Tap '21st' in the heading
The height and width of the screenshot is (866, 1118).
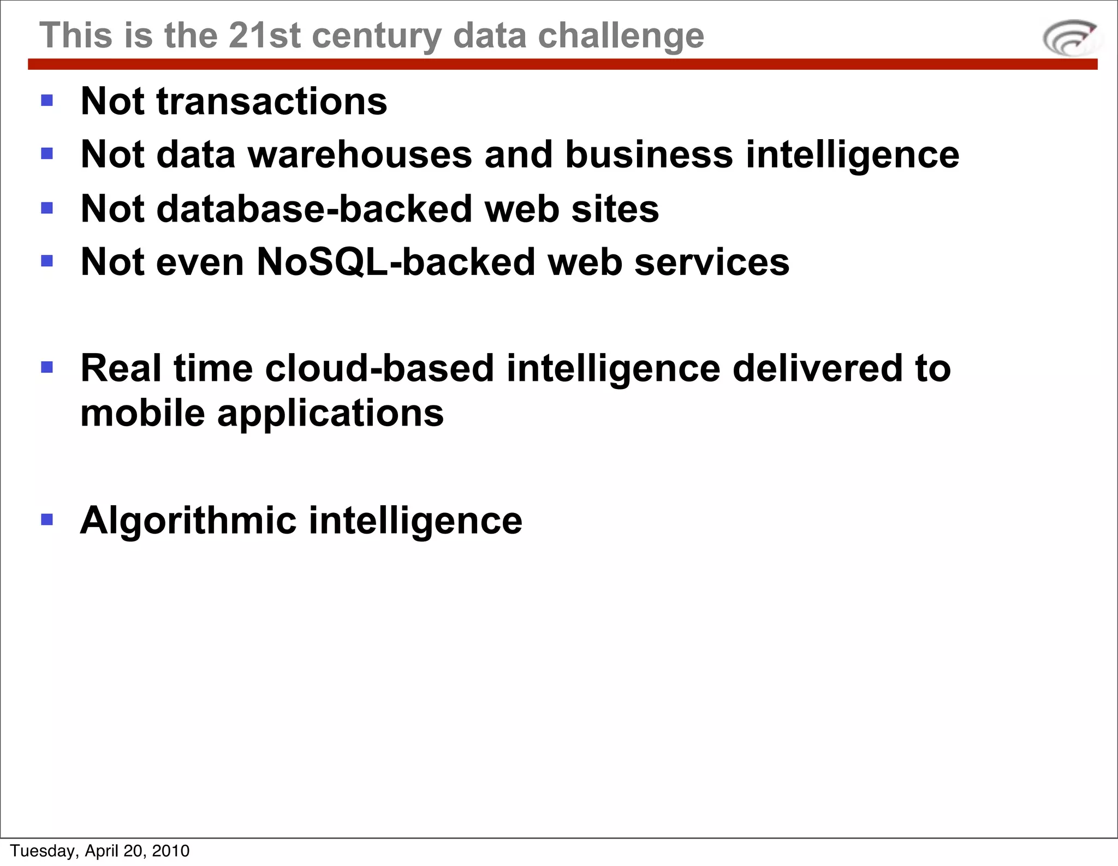[264, 36]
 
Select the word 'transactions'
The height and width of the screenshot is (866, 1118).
[271, 101]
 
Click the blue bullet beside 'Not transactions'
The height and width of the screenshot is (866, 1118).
[47, 100]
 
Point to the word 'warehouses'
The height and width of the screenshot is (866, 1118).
[360, 154]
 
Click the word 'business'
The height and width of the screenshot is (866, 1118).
[649, 154]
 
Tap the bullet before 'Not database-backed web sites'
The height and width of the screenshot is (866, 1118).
[47, 208]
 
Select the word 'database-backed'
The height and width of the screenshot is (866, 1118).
[314, 209]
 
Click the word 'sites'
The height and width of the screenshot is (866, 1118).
[615, 209]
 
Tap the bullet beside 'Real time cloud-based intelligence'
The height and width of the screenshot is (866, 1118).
[47, 367]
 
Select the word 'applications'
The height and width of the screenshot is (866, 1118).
[330, 414]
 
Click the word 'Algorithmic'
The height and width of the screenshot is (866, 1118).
[188, 521]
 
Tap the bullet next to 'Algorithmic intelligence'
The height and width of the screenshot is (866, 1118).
[47, 519]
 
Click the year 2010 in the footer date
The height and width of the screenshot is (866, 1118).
[171, 851]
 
